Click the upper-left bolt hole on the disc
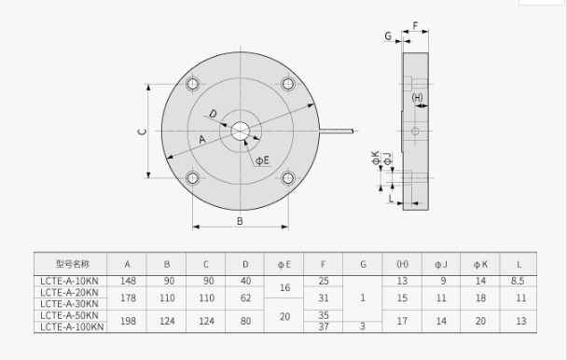click(x=192, y=84)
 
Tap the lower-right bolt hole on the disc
click(x=288, y=178)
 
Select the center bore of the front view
click(x=240, y=131)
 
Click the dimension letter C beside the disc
click(x=143, y=132)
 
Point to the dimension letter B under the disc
click(x=240, y=221)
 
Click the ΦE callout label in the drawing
click(x=263, y=160)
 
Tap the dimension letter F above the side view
click(x=415, y=25)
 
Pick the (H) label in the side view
click(x=417, y=97)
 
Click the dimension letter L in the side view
click(x=391, y=199)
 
